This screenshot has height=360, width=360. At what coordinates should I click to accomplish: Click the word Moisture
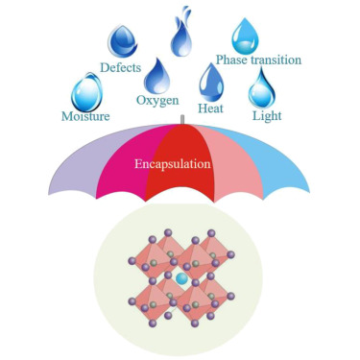[85, 116]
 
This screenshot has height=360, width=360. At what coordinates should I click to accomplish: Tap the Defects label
[120, 67]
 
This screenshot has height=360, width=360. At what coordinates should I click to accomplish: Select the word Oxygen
[157, 101]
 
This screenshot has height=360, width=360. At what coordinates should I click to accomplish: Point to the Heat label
[210, 108]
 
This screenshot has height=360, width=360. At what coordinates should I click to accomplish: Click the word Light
[267, 116]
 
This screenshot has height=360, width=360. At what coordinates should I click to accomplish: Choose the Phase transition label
[258, 60]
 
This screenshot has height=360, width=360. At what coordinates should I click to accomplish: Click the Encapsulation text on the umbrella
[173, 164]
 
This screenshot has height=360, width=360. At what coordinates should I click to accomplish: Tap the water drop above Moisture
[86, 92]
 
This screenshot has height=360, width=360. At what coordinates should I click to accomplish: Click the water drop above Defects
[122, 41]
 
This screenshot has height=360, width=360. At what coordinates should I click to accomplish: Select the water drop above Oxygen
[156, 77]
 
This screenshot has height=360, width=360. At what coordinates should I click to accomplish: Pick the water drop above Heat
[211, 83]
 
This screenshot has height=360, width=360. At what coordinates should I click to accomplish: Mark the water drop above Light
[262, 88]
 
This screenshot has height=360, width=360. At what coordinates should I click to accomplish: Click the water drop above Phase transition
[245, 36]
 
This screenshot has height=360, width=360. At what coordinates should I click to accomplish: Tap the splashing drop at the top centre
[181, 34]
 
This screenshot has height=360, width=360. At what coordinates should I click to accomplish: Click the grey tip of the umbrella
[182, 120]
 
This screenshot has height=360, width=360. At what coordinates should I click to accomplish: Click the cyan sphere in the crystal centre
[181, 278]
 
